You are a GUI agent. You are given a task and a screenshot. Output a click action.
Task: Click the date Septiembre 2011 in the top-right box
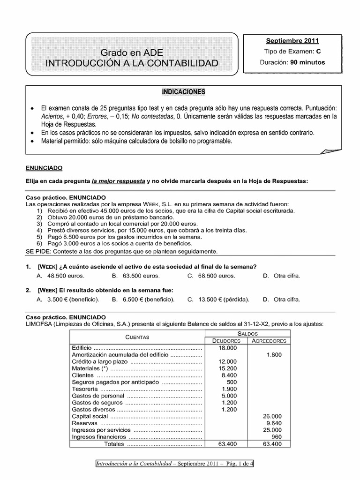(292, 41)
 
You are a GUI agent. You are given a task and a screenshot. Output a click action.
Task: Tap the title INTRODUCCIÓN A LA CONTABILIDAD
(132, 62)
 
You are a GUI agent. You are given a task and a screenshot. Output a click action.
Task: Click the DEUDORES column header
(227, 340)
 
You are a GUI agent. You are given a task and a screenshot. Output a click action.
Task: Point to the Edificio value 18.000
(228, 348)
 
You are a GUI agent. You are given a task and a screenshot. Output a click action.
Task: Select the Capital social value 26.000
(273, 416)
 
